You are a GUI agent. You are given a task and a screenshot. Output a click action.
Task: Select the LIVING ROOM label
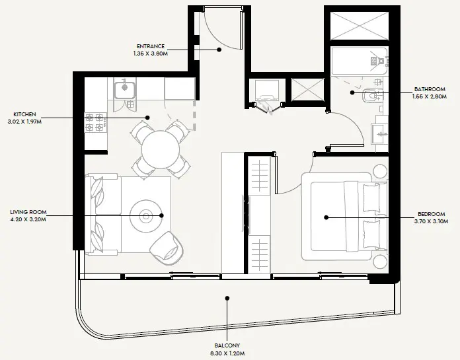28,211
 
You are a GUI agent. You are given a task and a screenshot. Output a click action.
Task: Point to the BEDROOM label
432,214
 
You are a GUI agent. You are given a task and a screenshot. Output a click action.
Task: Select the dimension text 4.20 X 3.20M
28,219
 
